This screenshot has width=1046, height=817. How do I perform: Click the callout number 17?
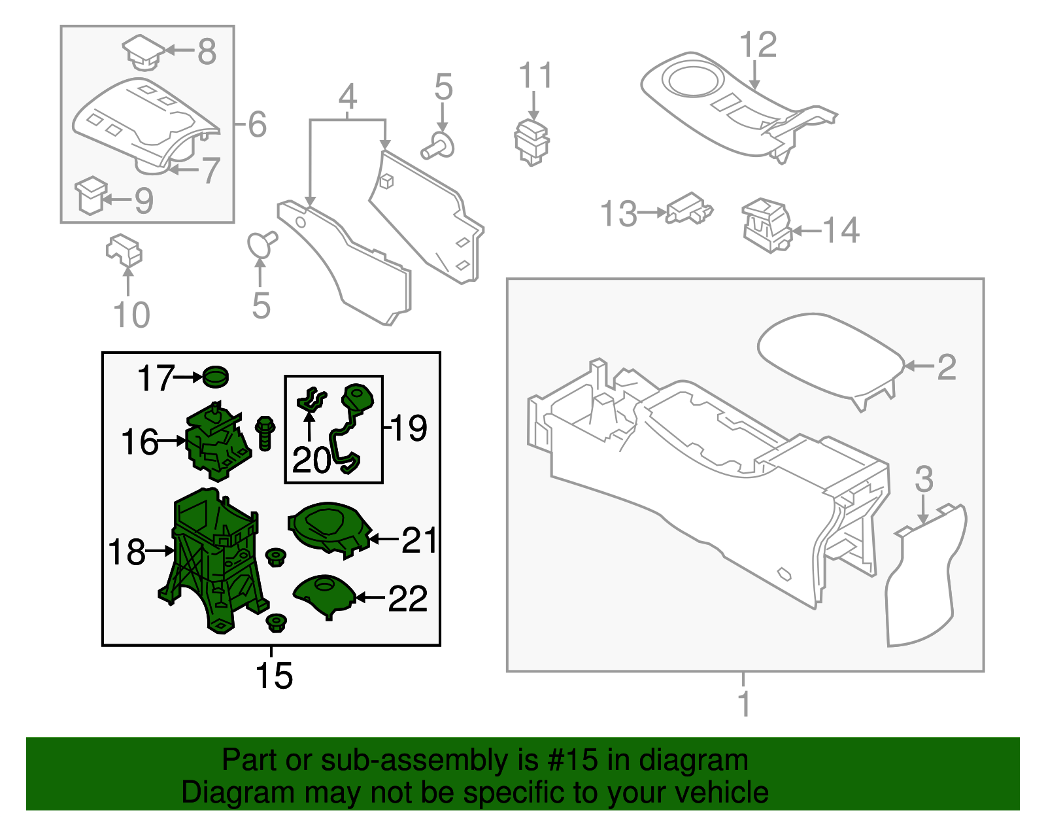(155, 378)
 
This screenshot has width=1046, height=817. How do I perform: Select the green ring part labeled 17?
(216, 377)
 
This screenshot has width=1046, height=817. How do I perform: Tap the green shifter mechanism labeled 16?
(217, 438)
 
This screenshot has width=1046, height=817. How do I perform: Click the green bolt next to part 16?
(265, 432)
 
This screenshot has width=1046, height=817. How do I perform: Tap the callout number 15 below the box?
(274, 676)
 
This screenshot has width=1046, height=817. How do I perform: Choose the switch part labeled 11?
(533, 140)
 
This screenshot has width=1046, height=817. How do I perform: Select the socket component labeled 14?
(766, 225)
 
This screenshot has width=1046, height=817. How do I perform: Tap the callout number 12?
(758, 45)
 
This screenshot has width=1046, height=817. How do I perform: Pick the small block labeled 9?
(91, 195)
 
